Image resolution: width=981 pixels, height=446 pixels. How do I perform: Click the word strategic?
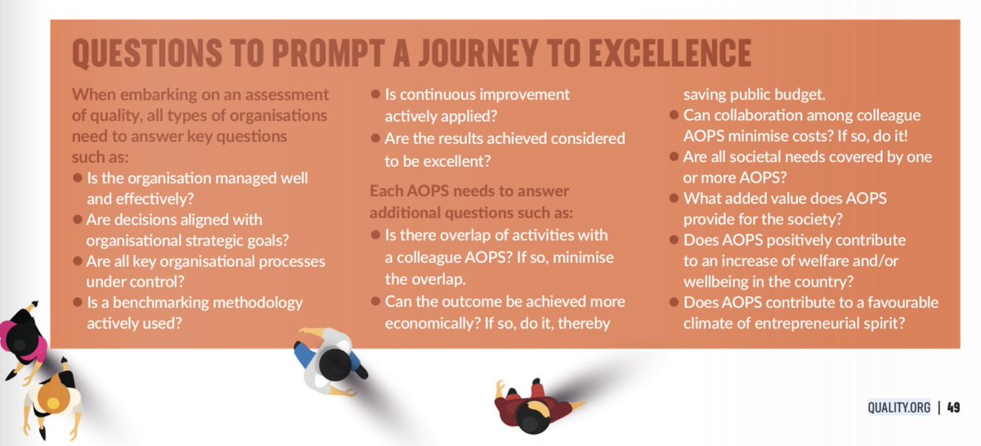(x=231, y=241)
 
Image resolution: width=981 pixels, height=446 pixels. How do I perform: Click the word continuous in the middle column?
(x=428, y=95)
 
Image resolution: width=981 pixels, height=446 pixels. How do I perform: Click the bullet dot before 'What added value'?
(x=674, y=198)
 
